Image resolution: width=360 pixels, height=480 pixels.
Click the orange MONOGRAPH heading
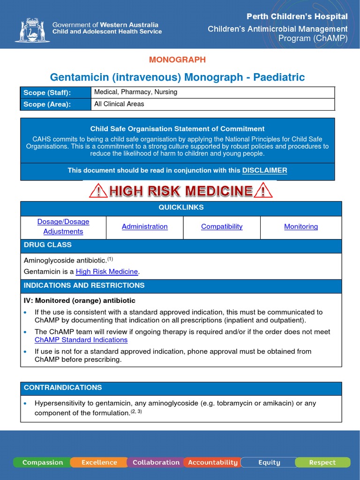(177, 60)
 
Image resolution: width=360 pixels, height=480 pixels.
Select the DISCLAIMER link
(264, 170)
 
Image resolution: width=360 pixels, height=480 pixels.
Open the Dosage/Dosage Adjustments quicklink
(63, 226)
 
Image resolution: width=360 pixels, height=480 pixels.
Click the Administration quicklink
(144, 226)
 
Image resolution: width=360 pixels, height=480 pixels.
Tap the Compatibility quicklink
(222, 226)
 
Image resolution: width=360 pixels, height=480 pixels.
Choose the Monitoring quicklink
(301, 226)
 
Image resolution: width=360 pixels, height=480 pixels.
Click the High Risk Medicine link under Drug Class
(107, 271)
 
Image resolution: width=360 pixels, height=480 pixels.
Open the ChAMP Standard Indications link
(81, 340)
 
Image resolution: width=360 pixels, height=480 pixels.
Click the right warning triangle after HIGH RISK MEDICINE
(263, 191)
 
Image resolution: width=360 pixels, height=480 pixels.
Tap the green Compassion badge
(42, 462)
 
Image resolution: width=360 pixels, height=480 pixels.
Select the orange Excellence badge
(99, 462)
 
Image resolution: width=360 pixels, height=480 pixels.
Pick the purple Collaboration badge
(156, 462)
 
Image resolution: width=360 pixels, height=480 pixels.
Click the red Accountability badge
(212, 462)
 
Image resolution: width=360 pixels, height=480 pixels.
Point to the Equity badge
(269, 462)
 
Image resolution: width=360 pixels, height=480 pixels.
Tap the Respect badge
(322, 462)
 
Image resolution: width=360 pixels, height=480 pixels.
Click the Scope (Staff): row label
(47, 92)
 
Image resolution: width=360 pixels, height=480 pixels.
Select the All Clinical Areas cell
(119, 104)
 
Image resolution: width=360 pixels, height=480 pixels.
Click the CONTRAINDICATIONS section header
(63, 388)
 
